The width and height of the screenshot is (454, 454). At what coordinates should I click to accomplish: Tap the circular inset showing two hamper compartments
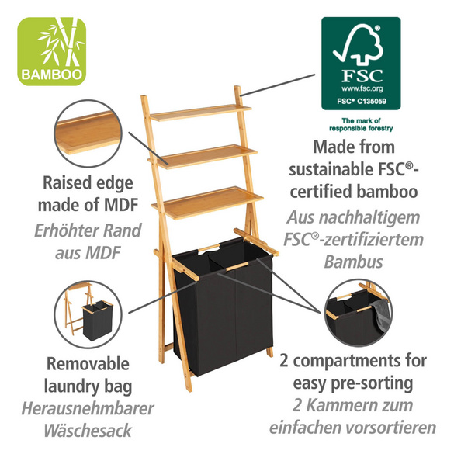point(360,314)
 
